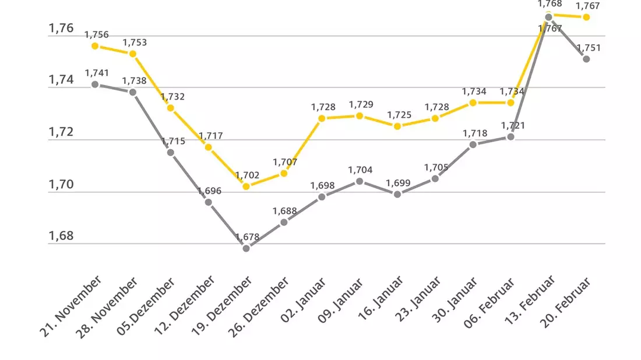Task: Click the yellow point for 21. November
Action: coord(95,46)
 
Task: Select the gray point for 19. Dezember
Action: coord(246,248)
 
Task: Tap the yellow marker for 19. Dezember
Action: coord(246,186)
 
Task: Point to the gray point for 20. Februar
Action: coord(586,59)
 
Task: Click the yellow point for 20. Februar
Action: coord(586,17)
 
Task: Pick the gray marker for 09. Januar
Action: coord(360,181)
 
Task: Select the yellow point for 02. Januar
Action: coord(322,118)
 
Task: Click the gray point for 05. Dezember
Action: coord(171,153)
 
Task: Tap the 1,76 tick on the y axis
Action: coord(61,28)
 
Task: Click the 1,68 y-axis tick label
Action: coord(61,236)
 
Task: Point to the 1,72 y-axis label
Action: coord(61,132)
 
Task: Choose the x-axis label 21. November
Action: coord(71,306)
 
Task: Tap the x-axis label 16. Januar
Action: coord(381,298)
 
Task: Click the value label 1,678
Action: coord(247,237)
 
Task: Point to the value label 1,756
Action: coord(97,35)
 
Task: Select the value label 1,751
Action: coord(589,48)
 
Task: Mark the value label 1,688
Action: coord(285,211)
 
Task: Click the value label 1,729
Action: coord(361,105)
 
